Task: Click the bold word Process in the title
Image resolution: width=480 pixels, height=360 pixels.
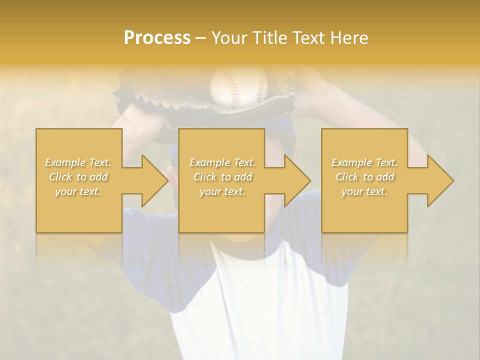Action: click(157, 38)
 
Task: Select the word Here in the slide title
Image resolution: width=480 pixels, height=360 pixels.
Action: click(348, 38)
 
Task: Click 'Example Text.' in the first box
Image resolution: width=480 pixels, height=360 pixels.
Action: click(78, 162)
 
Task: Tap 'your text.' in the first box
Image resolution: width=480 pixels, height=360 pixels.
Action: click(78, 191)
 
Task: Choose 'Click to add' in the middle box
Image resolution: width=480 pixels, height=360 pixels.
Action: click(222, 177)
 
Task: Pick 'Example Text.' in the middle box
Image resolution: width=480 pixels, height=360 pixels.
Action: click(222, 162)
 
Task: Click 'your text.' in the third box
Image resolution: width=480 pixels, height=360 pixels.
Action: click(364, 191)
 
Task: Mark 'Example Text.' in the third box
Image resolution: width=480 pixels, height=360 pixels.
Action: click(364, 162)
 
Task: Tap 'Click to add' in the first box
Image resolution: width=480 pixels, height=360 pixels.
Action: click(78, 177)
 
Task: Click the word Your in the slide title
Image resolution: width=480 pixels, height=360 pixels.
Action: click(228, 38)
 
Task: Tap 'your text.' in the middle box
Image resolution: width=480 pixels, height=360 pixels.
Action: click(222, 191)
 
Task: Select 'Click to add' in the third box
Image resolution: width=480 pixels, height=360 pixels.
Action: click(364, 177)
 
